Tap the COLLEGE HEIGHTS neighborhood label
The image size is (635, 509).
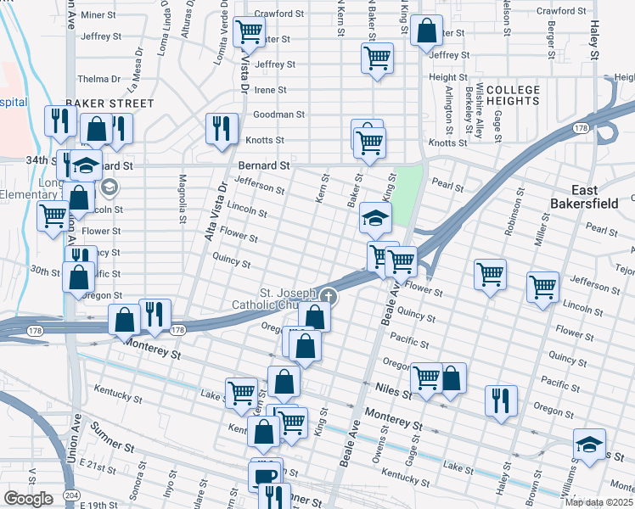(x=513, y=95)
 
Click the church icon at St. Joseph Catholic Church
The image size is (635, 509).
(x=328, y=297)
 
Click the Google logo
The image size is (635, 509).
(x=28, y=499)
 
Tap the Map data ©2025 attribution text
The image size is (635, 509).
(x=598, y=502)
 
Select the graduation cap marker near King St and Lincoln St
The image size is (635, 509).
(x=375, y=219)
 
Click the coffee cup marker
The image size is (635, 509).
(x=265, y=475)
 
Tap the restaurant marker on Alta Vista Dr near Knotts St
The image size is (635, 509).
(x=222, y=129)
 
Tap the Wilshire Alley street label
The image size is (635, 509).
(x=480, y=111)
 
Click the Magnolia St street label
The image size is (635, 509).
(x=183, y=200)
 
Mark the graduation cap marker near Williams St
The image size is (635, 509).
(x=589, y=445)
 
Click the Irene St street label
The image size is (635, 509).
(x=271, y=90)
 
